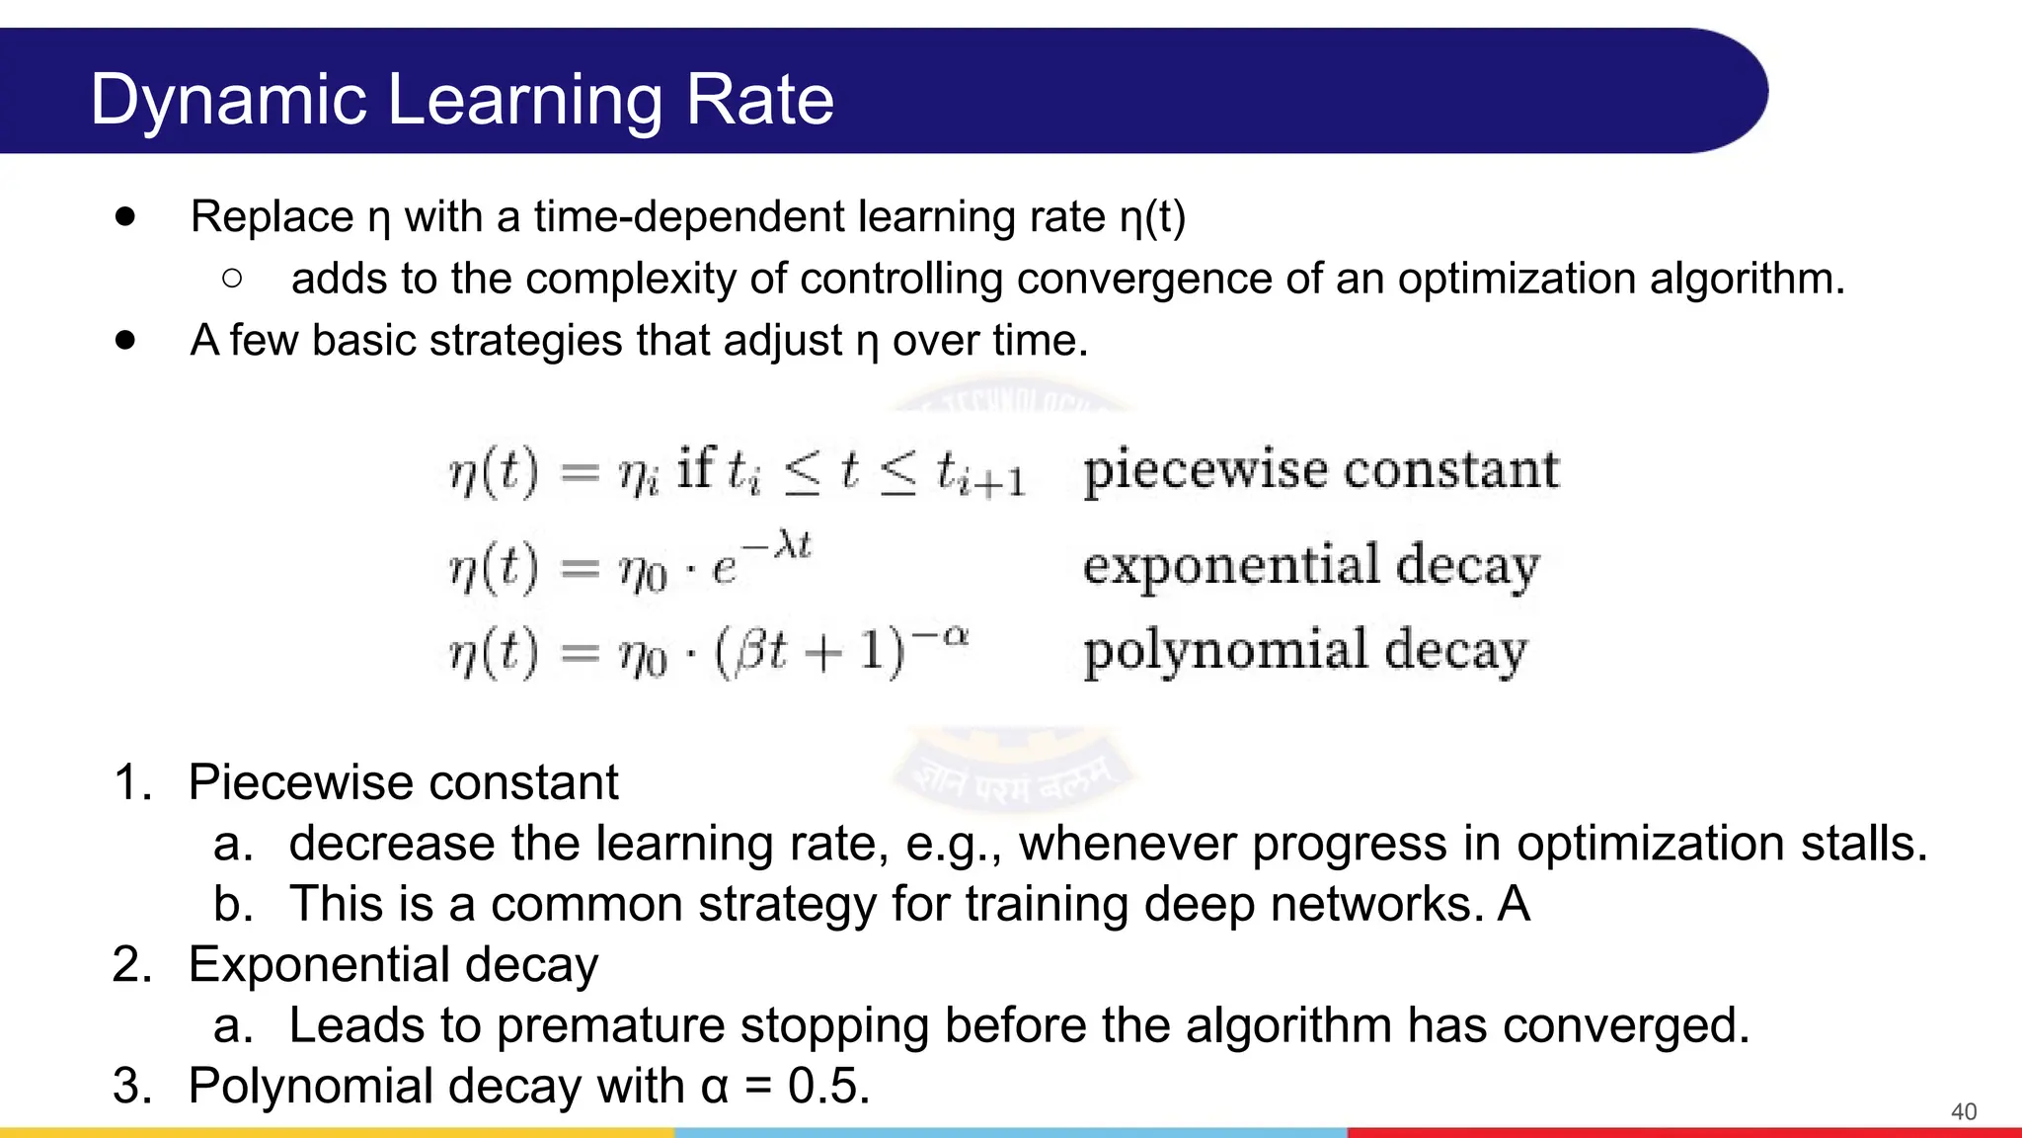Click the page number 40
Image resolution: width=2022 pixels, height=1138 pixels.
1963,1111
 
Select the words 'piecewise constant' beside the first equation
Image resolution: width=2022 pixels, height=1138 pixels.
1320,469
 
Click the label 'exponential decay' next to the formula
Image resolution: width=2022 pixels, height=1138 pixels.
1310,565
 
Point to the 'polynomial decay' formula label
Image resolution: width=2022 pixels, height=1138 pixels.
1304,651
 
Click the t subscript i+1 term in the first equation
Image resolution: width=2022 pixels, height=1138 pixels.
980,473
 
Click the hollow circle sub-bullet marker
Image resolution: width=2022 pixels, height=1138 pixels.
232,279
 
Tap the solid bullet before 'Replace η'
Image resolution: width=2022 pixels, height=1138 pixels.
124,216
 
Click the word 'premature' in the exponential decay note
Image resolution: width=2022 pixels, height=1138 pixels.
611,1024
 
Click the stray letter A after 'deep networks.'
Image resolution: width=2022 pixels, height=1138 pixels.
1514,904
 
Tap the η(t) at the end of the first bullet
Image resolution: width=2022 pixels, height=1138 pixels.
1152,217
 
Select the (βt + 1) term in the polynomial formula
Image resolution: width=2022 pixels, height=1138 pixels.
809,652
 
